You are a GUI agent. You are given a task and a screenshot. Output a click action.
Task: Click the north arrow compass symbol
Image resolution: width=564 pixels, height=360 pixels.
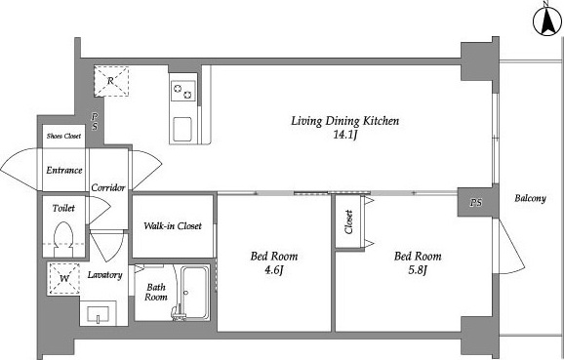pyautogui.click(x=547, y=20)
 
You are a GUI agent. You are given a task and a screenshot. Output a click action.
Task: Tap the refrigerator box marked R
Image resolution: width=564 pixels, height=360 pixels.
pyautogui.click(x=111, y=81)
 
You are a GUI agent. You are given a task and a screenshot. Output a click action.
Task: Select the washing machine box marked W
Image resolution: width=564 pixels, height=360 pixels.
pyautogui.click(x=64, y=279)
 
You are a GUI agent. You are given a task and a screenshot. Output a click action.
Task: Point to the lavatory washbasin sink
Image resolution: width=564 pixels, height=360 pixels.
pyautogui.click(x=99, y=313)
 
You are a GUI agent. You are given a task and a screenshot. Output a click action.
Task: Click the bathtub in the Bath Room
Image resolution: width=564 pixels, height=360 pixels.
pyautogui.click(x=194, y=293)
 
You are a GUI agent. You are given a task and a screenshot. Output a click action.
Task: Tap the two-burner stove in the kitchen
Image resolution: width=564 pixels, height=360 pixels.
pyautogui.click(x=183, y=91)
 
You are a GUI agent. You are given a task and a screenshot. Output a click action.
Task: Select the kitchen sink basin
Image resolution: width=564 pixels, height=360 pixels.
pyautogui.click(x=182, y=130)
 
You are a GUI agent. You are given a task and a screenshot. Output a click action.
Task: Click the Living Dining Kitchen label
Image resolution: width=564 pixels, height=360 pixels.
pyautogui.click(x=345, y=121)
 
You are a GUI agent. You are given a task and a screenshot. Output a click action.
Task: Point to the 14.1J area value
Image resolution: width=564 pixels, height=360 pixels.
pyautogui.click(x=345, y=136)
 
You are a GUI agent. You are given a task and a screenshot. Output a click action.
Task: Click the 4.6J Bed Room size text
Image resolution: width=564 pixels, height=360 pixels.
pyautogui.click(x=274, y=269)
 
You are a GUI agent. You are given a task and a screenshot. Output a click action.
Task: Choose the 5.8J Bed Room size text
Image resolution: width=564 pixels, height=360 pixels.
pyautogui.click(x=418, y=269)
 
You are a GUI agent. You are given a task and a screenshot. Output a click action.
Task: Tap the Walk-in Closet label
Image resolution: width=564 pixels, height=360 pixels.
pyautogui.click(x=173, y=226)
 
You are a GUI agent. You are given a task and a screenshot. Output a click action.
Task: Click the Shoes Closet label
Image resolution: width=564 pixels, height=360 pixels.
pyautogui.click(x=63, y=136)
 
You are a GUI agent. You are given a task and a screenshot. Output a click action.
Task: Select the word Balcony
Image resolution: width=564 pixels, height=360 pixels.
pyautogui.click(x=530, y=198)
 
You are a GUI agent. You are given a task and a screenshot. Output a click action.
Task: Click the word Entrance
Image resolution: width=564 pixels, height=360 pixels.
pyautogui.click(x=64, y=170)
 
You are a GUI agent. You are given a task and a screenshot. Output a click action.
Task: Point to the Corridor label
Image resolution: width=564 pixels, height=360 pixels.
pyautogui.click(x=108, y=187)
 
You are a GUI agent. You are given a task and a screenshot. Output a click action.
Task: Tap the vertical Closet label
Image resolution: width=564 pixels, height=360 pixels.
pyautogui.click(x=348, y=221)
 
